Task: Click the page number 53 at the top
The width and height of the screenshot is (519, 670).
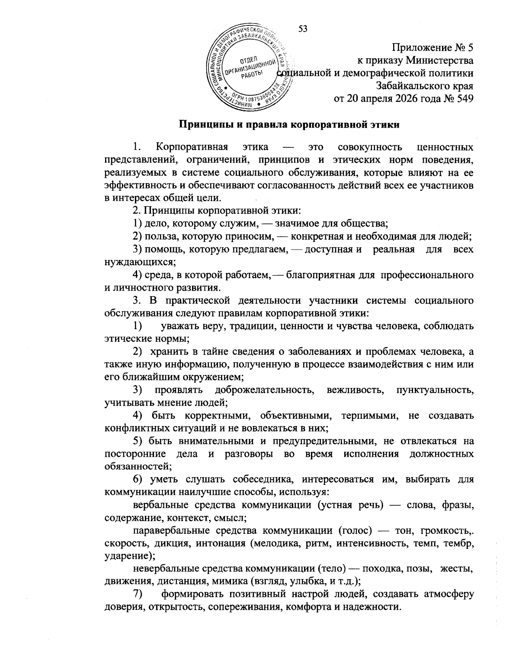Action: coord(303,29)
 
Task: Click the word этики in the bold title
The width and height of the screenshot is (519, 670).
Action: coord(383,125)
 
